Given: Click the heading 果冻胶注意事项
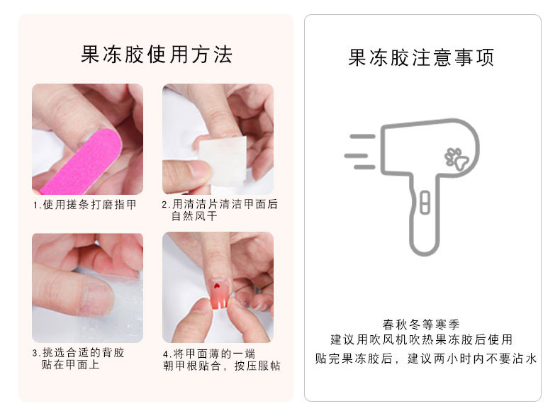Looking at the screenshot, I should pyautogui.click(x=421, y=57).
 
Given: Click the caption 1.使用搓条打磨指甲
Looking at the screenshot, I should pyautogui.click(x=84, y=205).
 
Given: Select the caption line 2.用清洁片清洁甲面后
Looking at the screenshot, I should pyautogui.click(x=220, y=204).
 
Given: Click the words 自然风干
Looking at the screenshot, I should pyautogui.click(x=194, y=216).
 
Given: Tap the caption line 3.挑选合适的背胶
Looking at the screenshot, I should pyautogui.click(x=79, y=352).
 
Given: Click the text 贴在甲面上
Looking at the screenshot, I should pyautogui.click(x=70, y=365).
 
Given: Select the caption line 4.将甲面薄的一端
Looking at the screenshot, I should pyautogui.click(x=209, y=353).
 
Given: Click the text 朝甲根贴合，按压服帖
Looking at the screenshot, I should pyautogui.click(x=221, y=366).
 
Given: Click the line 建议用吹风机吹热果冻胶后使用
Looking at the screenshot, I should pyautogui.click(x=421, y=340).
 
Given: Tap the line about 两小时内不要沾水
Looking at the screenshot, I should pyautogui.click(x=425, y=359).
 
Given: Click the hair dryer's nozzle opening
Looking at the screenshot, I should pyautogui.click(x=385, y=152).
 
